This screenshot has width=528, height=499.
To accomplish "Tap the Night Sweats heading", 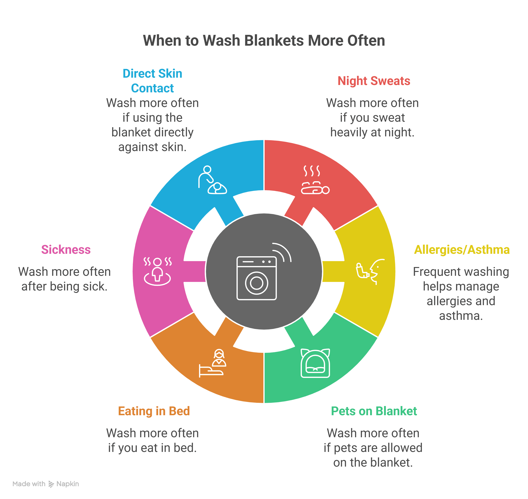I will point(374,81).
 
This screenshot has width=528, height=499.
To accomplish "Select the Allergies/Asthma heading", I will point(462,249).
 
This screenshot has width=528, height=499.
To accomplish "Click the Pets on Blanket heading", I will point(374,411).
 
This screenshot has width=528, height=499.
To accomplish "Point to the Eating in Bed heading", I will point(154,411).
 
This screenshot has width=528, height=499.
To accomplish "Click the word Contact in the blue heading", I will point(152,88).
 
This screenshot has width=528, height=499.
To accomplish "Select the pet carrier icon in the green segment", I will point(315,363).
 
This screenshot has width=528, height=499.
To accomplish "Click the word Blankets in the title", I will point(274,41).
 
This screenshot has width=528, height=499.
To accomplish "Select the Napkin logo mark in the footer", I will point(51,484).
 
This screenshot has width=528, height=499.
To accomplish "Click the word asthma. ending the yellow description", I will point(461,316).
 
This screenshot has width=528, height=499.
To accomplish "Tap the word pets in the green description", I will point(344,448).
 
